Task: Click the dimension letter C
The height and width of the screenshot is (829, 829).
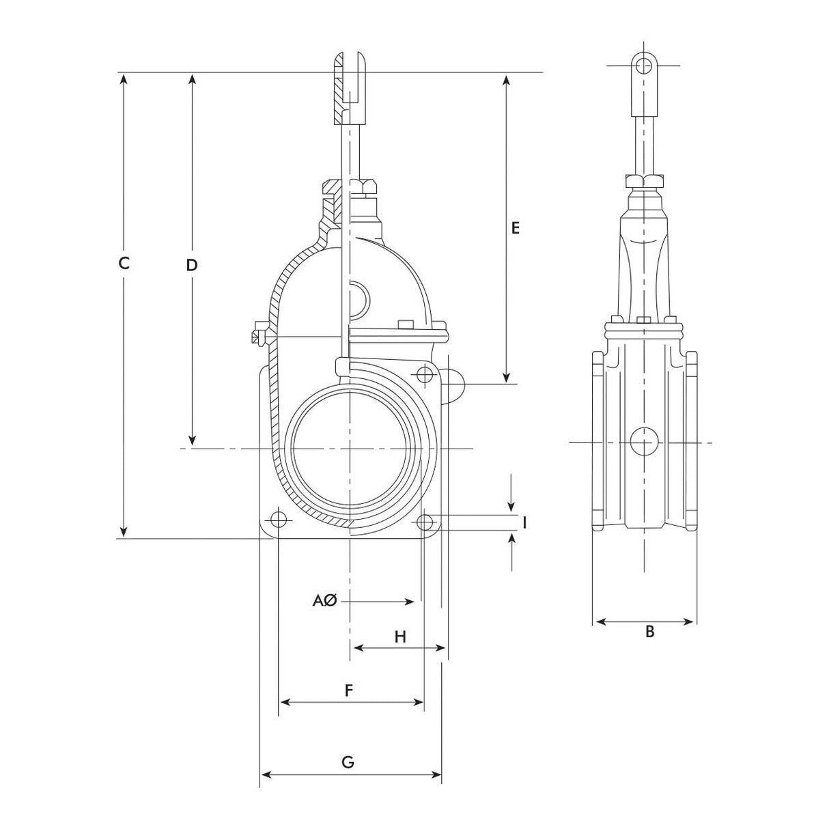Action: [x=124, y=263]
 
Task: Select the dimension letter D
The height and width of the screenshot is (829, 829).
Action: [x=192, y=265]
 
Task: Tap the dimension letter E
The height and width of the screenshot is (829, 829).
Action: [x=516, y=228]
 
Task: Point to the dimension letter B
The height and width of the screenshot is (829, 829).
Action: [x=650, y=632]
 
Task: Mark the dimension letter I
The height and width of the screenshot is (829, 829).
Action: [x=525, y=522]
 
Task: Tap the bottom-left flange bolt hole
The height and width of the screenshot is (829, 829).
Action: [x=279, y=521]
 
